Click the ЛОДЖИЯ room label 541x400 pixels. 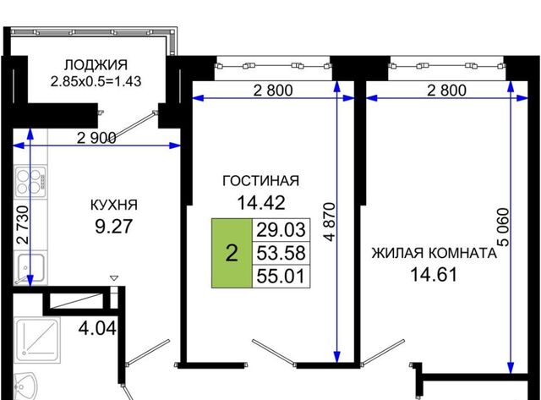(x=96, y=65)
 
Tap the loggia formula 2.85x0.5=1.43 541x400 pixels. (x=96, y=82)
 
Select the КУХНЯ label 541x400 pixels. (x=114, y=205)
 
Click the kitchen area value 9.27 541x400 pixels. (x=114, y=227)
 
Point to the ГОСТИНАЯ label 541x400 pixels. (x=261, y=180)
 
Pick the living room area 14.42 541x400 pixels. (x=261, y=203)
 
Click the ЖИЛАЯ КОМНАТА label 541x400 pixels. (x=434, y=253)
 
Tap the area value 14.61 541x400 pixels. (x=434, y=275)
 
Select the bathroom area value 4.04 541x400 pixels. (x=97, y=328)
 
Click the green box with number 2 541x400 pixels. (x=232, y=253)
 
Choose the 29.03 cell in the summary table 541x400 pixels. (x=281, y=229)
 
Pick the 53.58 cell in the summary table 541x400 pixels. (x=281, y=253)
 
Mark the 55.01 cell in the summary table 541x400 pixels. (x=281, y=276)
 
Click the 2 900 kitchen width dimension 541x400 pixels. (x=96, y=138)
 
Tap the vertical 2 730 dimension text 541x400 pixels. (x=23, y=225)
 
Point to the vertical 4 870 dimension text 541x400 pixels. (x=330, y=222)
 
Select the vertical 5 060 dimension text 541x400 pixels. (x=504, y=227)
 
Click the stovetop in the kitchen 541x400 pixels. (x=30, y=182)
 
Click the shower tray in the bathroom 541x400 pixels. (x=37, y=340)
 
